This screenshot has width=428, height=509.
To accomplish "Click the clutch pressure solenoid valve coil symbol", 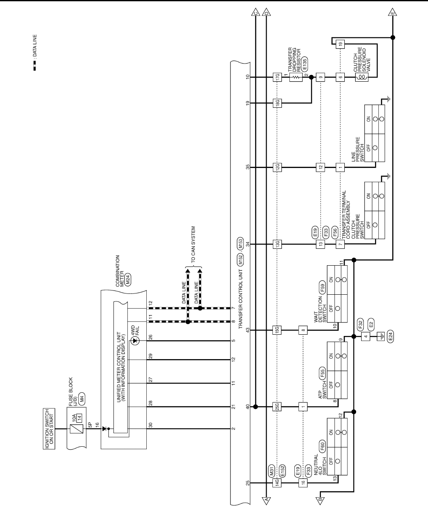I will point(360,77).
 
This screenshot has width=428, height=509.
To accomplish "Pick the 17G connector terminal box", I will point(277,77).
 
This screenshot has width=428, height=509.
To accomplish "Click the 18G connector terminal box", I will point(277,102).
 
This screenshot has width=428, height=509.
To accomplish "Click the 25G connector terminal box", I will point(277,407).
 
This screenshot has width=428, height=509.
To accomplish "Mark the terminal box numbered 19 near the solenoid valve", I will point(341,43).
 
